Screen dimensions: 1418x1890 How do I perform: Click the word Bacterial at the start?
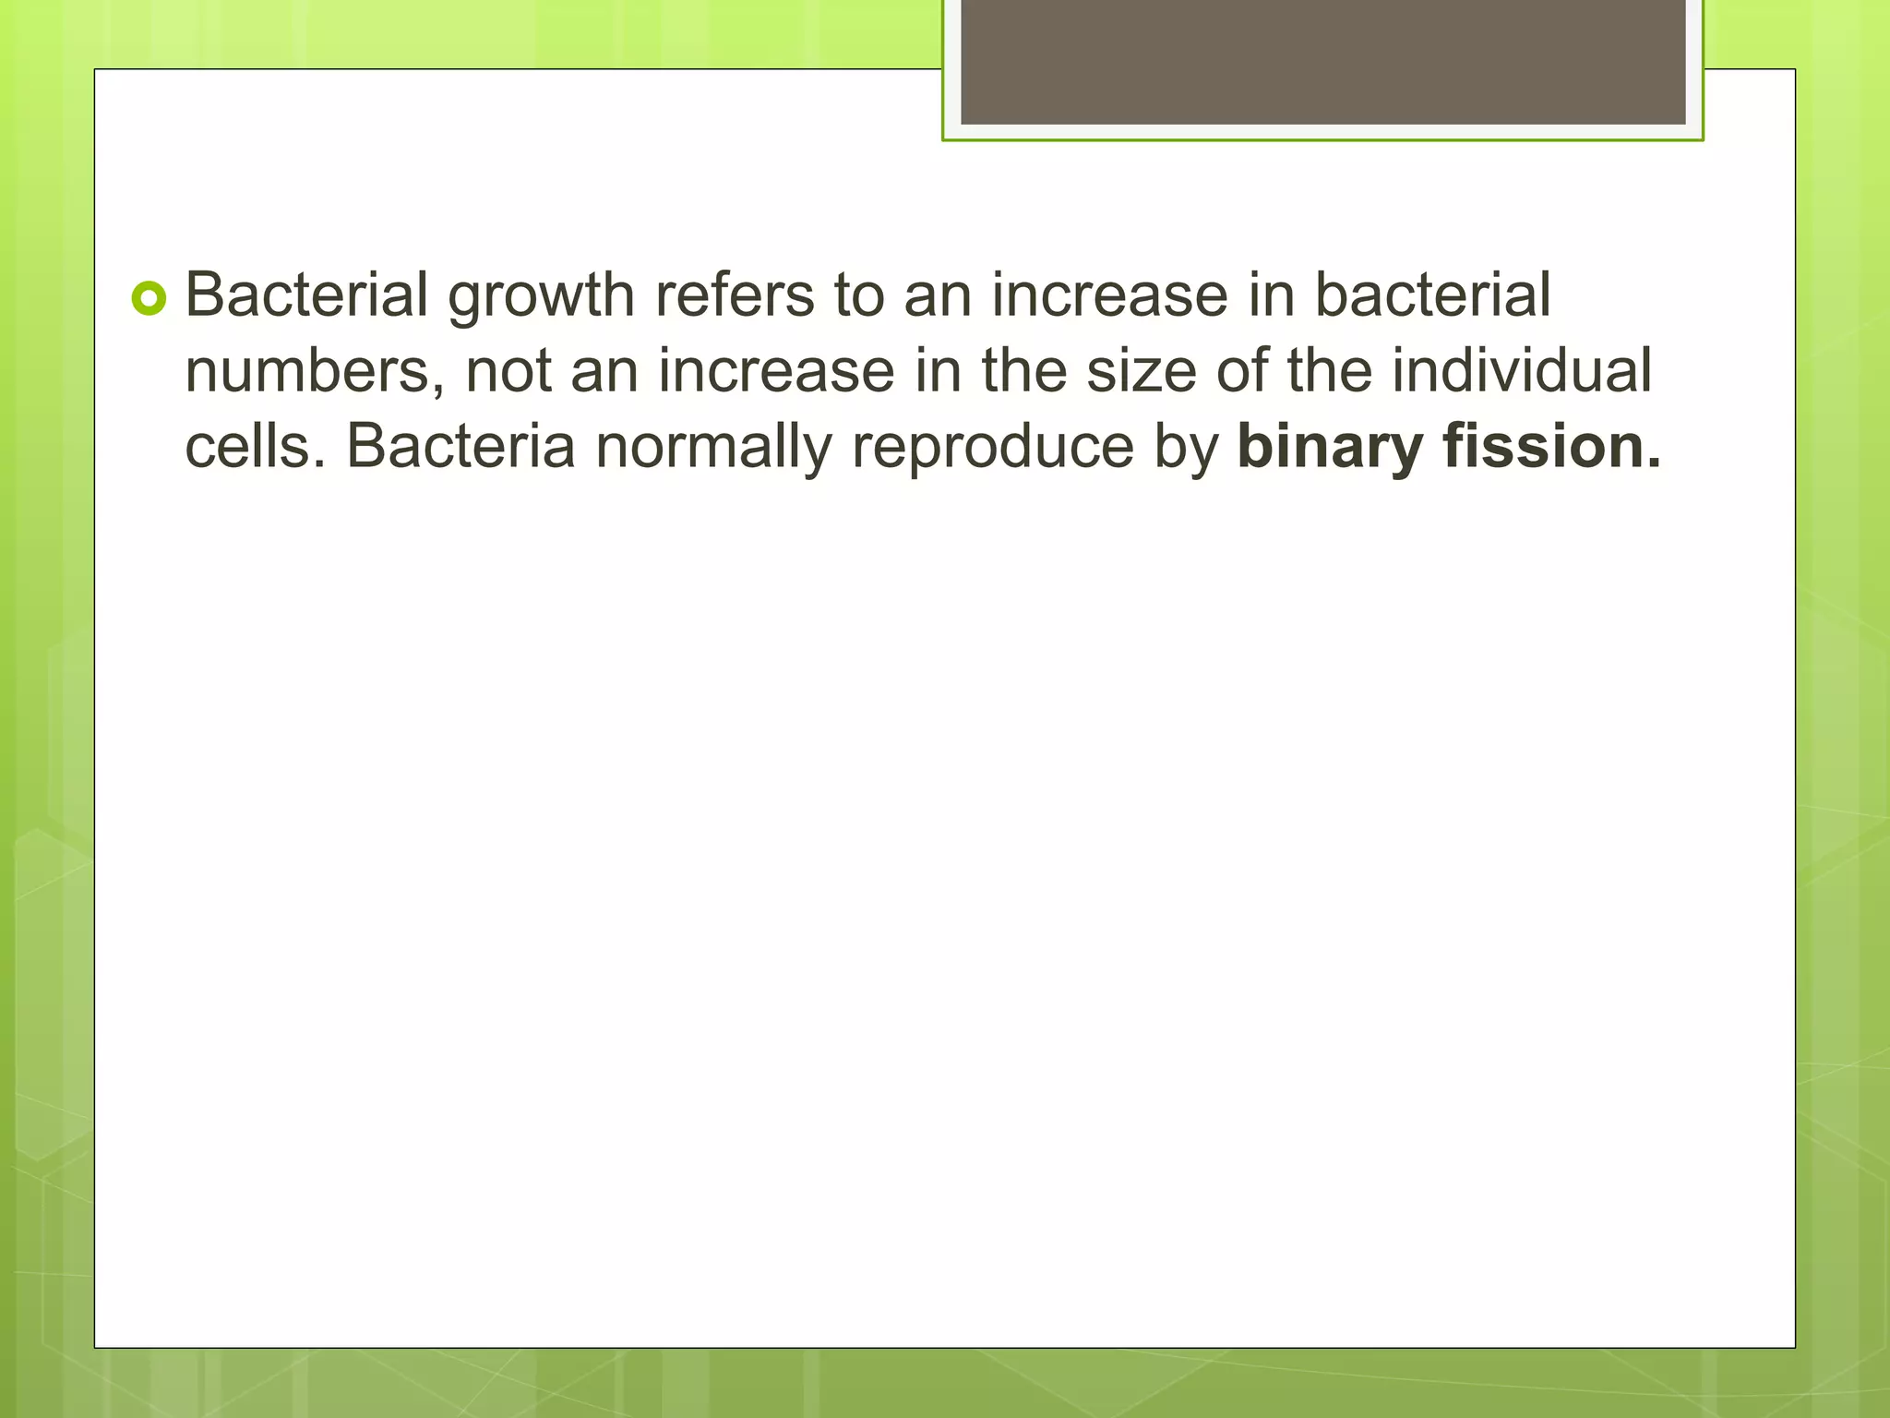(x=306, y=295)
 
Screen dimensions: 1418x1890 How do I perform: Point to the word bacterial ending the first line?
(x=1431, y=295)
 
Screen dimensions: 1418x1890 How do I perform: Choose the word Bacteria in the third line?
(x=461, y=447)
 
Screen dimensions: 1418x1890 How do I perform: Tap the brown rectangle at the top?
(x=1322, y=61)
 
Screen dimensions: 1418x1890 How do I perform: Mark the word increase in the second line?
(x=775, y=372)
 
